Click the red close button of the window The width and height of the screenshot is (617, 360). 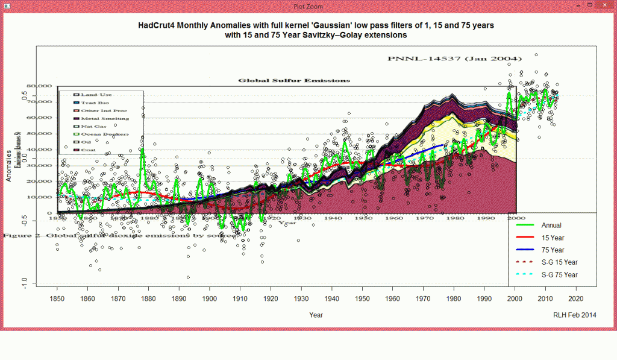(x=603, y=6)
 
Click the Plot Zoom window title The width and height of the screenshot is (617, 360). (x=308, y=7)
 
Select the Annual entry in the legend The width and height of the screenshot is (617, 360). (x=551, y=226)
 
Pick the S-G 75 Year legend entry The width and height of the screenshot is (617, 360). (x=560, y=275)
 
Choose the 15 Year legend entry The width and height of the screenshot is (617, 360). (x=553, y=238)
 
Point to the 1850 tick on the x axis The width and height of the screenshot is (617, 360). (x=57, y=298)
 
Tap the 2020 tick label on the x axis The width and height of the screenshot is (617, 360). (x=575, y=298)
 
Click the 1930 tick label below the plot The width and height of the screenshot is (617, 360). (x=301, y=298)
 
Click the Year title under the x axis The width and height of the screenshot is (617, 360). (x=316, y=315)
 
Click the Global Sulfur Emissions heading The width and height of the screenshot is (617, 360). (x=294, y=80)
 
